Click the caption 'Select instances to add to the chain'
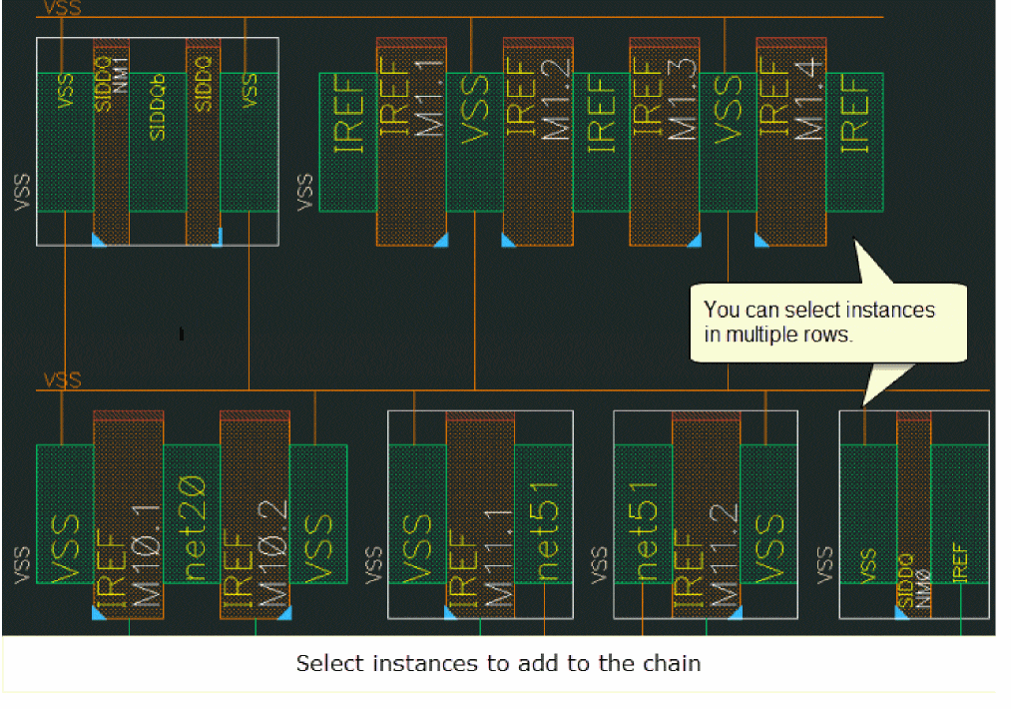498,663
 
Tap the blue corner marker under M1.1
440,240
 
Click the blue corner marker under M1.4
761,240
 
